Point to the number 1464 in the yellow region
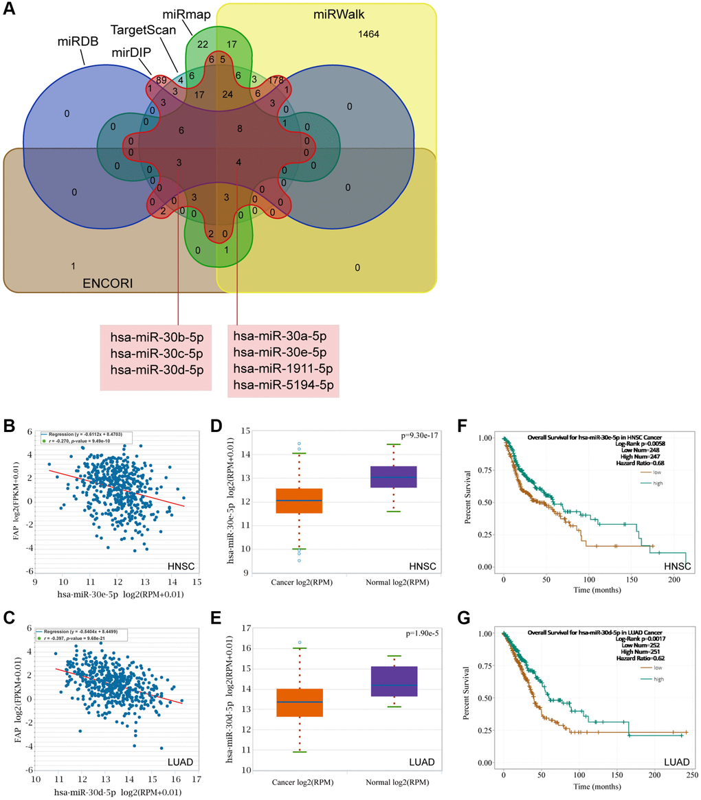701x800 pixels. (369, 34)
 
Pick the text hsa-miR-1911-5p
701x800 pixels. (284, 369)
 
